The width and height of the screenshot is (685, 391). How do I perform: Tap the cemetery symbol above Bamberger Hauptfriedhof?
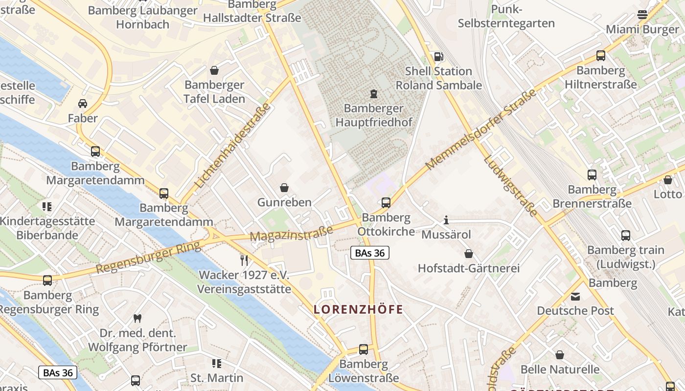[374, 93]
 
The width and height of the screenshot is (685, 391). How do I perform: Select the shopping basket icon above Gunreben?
[284, 188]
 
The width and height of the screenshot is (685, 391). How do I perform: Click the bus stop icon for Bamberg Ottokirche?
[386, 202]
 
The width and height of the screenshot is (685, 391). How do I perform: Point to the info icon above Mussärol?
[446, 220]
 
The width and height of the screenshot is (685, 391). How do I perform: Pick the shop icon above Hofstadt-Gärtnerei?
[468, 254]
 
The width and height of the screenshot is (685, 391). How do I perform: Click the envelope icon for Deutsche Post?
[575, 296]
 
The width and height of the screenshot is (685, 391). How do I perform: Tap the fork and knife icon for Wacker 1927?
[244, 260]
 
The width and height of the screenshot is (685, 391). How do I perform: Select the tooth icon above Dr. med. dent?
[137, 318]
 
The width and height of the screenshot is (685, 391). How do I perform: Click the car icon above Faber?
[83, 104]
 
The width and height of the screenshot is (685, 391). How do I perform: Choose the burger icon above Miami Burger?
[642, 15]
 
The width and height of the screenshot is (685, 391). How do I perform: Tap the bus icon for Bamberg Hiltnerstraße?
[600, 56]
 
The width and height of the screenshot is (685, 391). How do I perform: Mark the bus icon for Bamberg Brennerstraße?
[592, 174]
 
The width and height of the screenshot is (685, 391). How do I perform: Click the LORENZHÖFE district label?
[358, 309]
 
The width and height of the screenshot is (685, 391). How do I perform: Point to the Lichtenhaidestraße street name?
[233, 146]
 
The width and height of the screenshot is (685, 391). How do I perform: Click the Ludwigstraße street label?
[510, 186]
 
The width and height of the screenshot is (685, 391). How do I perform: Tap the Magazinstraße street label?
[291, 233]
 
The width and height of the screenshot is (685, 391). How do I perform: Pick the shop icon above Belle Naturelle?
[560, 355]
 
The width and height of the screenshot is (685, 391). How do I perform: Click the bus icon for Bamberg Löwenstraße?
[363, 349]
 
